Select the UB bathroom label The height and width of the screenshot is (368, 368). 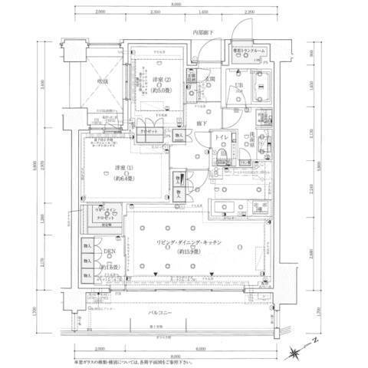(238, 85)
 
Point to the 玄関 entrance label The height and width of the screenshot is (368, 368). (209, 78)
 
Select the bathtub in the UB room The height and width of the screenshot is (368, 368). (263, 86)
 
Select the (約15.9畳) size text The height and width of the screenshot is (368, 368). (189, 251)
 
